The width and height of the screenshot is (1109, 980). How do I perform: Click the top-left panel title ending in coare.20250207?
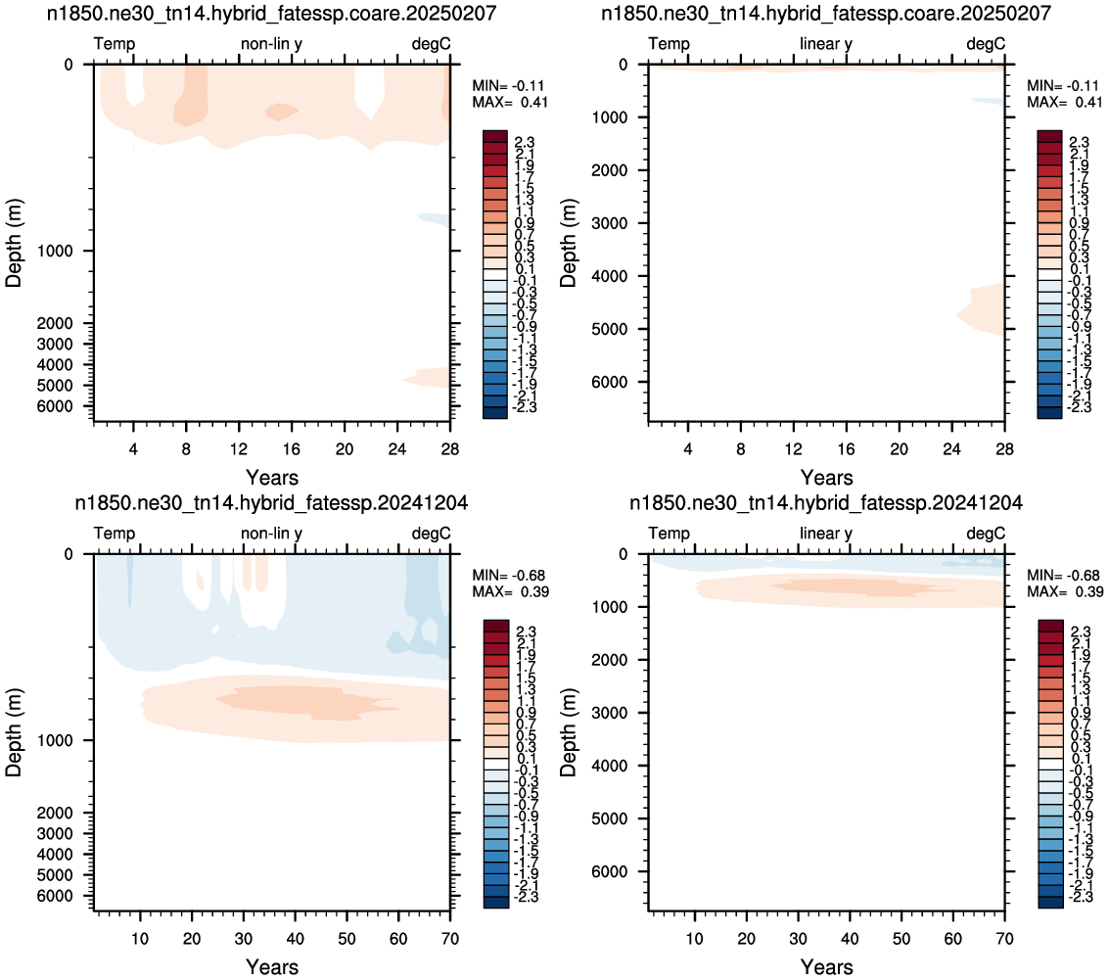pyautogui.click(x=271, y=14)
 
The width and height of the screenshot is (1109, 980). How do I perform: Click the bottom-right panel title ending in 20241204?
pyautogui.click(x=825, y=503)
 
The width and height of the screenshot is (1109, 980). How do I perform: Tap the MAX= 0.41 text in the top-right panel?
pyautogui.click(x=1064, y=102)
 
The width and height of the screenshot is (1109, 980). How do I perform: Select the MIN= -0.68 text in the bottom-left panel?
pyautogui.click(x=509, y=576)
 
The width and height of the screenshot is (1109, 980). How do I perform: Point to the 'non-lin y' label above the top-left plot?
pyautogui.click(x=271, y=44)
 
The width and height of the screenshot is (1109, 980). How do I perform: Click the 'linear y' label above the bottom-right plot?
pyautogui.click(x=826, y=534)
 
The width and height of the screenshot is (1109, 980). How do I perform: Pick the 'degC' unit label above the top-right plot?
pyautogui.click(x=986, y=44)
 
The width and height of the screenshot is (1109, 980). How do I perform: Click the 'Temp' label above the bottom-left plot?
pyautogui.click(x=115, y=534)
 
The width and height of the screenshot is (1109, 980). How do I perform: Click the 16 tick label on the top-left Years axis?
pyautogui.click(x=292, y=448)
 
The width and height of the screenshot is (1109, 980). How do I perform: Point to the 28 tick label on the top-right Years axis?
pyautogui.click(x=1004, y=448)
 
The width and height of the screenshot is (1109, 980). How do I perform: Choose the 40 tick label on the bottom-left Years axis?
pyautogui.click(x=295, y=938)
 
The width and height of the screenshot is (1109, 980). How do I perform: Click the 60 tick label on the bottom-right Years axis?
pyautogui.click(x=952, y=938)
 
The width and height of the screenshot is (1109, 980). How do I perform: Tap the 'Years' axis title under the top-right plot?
pyautogui.click(x=827, y=477)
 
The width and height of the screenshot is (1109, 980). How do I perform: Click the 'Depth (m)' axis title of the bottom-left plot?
pyautogui.click(x=14, y=732)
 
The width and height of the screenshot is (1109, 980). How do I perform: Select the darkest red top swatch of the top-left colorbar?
pyautogui.click(x=495, y=136)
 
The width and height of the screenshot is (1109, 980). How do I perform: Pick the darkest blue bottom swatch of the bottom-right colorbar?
pyautogui.click(x=1050, y=902)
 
